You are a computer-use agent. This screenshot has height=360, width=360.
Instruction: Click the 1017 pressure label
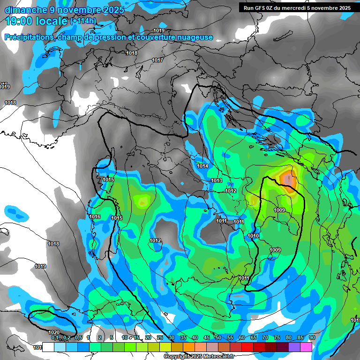click(x=157, y=60)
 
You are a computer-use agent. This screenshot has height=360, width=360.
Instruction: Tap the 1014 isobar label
click(x=202, y=166)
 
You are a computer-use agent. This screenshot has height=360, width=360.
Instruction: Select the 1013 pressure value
click(x=217, y=180)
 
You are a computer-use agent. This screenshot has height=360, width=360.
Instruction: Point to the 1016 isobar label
click(x=95, y=217)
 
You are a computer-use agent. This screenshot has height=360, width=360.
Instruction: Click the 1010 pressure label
click(x=253, y=236)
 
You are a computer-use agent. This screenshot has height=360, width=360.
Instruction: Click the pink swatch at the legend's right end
click(x=306, y=346)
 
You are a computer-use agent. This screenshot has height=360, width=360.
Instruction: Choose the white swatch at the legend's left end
click(x=48, y=346)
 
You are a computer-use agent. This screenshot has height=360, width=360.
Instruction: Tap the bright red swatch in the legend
click(x=247, y=346)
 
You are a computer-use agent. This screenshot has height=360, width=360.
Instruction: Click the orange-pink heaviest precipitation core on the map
click(x=288, y=179)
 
